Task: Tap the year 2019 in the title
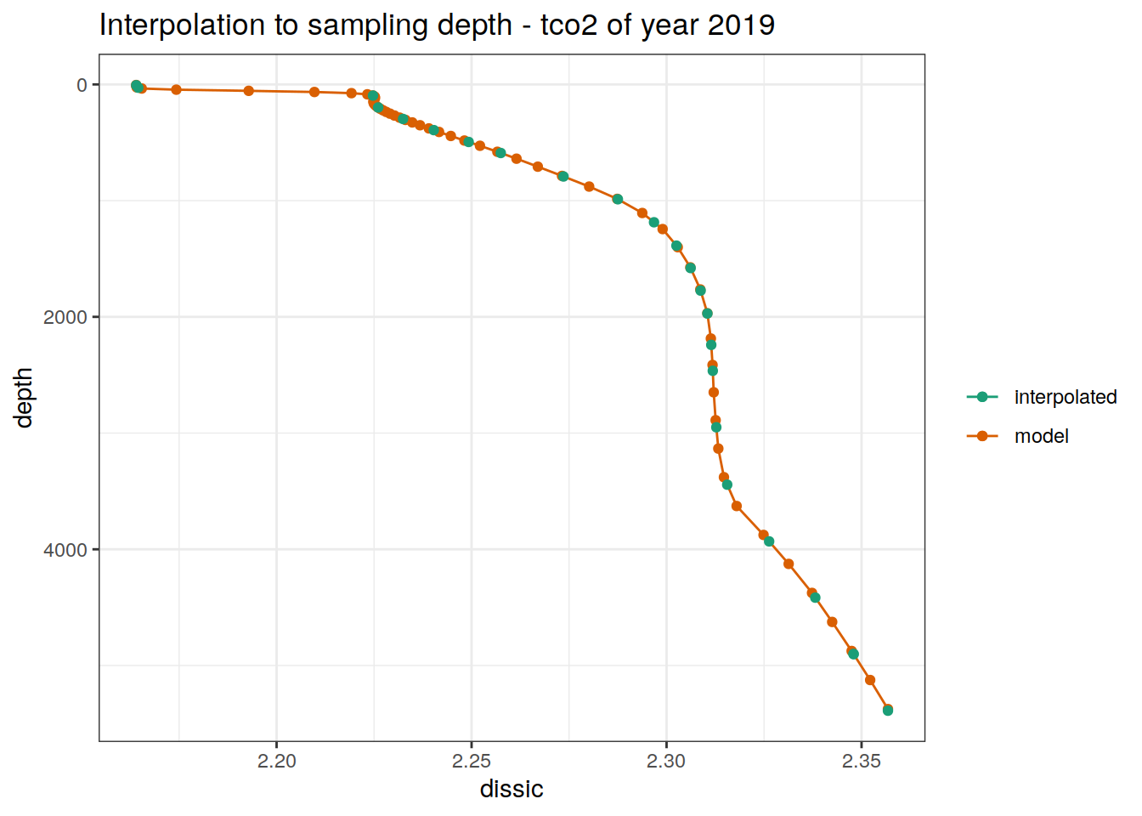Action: pos(741,25)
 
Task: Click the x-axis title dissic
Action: pos(512,790)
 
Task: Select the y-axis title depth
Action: pos(23,398)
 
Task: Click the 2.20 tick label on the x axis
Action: pos(277,762)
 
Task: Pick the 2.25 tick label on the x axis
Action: pos(472,762)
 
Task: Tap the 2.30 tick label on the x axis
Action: pos(666,762)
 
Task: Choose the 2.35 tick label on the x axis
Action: pos(861,762)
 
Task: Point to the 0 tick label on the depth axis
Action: pos(82,85)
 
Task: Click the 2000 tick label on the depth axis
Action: pos(65,317)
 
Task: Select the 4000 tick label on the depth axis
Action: pos(65,550)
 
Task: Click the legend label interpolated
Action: pos(1066,397)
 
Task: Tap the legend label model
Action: pos(1041,436)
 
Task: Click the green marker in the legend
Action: pos(982,397)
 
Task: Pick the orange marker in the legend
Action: pos(982,436)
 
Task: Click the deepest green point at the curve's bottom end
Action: pos(888,710)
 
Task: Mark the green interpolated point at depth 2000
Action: pos(707,314)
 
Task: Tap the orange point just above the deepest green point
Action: pos(870,680)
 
